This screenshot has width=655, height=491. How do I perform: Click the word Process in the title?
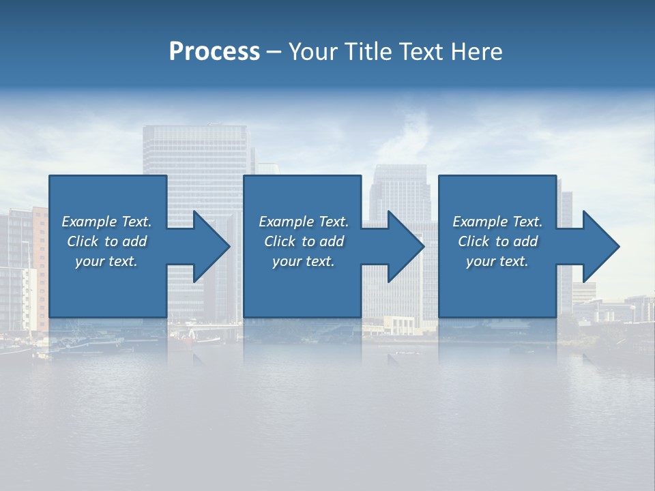pyautogui.click(x=214, y=51)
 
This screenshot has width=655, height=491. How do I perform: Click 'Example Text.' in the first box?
pyautogui.click(x=106, y=222)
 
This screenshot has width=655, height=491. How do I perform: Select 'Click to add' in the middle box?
pyautogui.click(x=304, y=241)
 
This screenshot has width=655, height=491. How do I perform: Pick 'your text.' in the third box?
pyautogui.click(x=497, y=261)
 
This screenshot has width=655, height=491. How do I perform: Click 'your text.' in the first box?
pyautogui.click(x=106, y=261)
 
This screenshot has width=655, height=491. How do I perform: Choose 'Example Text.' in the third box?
pyautogui.click(x=497, y=222)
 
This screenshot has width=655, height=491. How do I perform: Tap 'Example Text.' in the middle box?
pyautogui.click(x=304, y=222)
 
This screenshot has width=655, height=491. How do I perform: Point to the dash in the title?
pyautogui.click(x=274, y=52)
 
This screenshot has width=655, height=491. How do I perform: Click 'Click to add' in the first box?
pyautogui.click(x=106, y=241)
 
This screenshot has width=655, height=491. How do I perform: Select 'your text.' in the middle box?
pyautogui.click(x=304, y=261)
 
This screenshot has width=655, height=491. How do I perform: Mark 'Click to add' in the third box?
pyautogui.click(x=497, y=241)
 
